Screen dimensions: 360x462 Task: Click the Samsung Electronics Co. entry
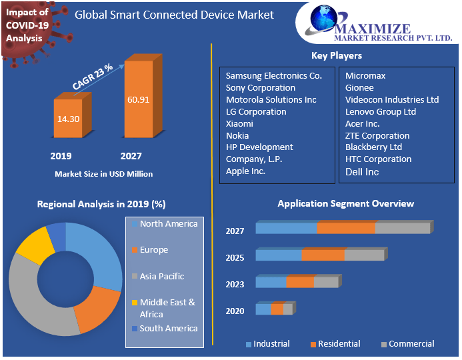(x=273, y=76)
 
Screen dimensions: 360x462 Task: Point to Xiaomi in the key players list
(x=239, y=124)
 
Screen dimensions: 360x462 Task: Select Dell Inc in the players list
(x=362, y=172)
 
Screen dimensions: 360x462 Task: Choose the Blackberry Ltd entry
(x=373, y=147)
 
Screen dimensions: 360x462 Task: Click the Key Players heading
(x=337, y=55)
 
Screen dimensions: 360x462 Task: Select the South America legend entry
(x=168, y=329)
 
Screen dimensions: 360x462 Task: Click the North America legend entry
(x=168, y=224)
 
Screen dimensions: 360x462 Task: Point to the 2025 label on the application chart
(x=235, y=257)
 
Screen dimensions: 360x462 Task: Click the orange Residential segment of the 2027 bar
(x=346, y=228)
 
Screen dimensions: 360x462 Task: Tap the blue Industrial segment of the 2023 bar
(x=271, y=282)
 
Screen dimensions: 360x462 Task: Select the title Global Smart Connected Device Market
(x=174, y=15)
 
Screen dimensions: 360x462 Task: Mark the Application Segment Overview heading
(x=345, y=203)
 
